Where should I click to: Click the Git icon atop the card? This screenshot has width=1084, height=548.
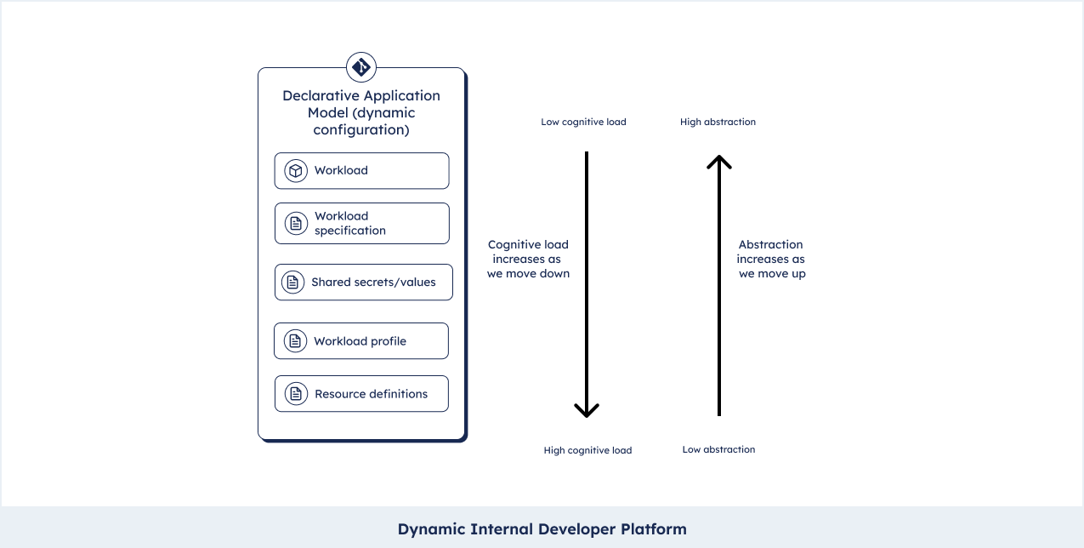click(x=361, y=67)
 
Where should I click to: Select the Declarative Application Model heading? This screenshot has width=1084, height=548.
click(x=361, y=112)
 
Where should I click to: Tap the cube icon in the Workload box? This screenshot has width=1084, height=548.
click(x=296, y=170)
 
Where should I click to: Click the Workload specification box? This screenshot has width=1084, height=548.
click(x=362, y=223)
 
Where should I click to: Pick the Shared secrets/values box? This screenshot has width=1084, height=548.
click(x=363, y=282)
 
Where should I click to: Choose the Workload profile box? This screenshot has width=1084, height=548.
click(x=361, y=341)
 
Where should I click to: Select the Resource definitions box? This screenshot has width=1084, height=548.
click(x=361, y=393)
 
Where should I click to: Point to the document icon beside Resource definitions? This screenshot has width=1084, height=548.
click(x=296, y=393)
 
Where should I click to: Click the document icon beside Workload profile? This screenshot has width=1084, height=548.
click(x=295, y=341)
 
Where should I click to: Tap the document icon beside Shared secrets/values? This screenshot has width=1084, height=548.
click(x=292, y=282)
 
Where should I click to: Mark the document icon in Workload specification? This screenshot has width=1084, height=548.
click(x=296, y=223)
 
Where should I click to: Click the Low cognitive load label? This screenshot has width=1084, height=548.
click(x=583, y=122)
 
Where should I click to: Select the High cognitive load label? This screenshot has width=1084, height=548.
click(x=587, y=451)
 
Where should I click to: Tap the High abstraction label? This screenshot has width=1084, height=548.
click(x=718, y=122)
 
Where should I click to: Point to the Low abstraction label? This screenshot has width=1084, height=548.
click(x=718, y=449)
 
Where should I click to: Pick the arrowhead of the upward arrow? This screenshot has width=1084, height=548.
click(x=719, y=160)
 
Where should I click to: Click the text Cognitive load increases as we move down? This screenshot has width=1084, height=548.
click(x=528, y=260)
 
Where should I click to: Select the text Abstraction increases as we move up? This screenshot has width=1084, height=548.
click(x=771, y=260)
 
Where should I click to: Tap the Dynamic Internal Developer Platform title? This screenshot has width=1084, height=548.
click(x=542, y=529)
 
